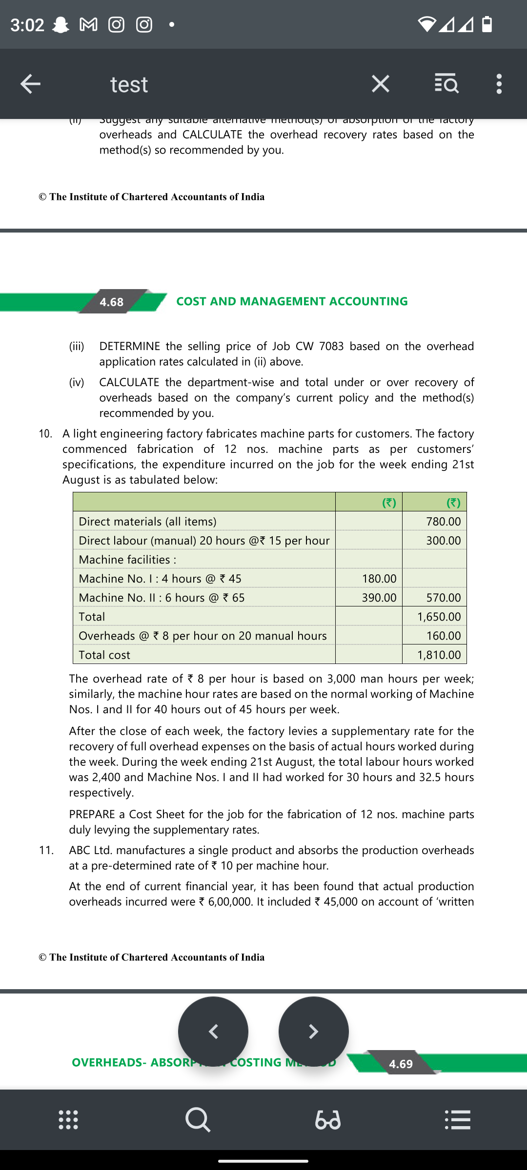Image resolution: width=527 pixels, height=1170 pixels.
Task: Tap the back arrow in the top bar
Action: (30, 84)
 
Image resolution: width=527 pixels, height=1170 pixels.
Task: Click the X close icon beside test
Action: (381, 84)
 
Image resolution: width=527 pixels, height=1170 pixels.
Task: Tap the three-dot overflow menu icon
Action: (499, 84)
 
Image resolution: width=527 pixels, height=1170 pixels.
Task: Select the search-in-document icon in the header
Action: (446, 84)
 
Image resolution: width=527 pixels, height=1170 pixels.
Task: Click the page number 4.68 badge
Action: (112, 302)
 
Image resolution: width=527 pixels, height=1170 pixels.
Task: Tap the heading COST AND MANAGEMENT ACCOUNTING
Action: (292, 301)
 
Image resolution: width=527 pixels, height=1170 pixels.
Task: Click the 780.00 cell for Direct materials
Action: (443, 521)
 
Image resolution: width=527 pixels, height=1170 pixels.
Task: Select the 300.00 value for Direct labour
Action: (443, 540)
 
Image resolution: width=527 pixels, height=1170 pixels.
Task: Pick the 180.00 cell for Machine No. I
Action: (379, 579)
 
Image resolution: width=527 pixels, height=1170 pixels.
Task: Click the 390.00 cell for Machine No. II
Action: (379, 598)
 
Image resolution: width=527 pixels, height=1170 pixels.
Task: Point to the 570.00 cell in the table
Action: (443, 598)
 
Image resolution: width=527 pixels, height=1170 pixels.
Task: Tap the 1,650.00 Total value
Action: (439, 617)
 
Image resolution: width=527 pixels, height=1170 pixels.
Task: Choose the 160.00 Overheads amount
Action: (443, 636)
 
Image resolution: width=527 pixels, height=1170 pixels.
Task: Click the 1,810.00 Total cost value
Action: (439, 655)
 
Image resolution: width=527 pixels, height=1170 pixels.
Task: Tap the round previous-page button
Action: (213, 1032)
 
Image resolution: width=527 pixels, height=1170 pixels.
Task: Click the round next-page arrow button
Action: (314, 1032)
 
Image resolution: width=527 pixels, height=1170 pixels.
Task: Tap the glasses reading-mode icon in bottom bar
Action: (328, 1120)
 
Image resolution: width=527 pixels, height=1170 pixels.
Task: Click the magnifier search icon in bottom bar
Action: (198, 1120)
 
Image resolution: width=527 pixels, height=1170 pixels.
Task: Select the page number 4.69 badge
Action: (401, 1064)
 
